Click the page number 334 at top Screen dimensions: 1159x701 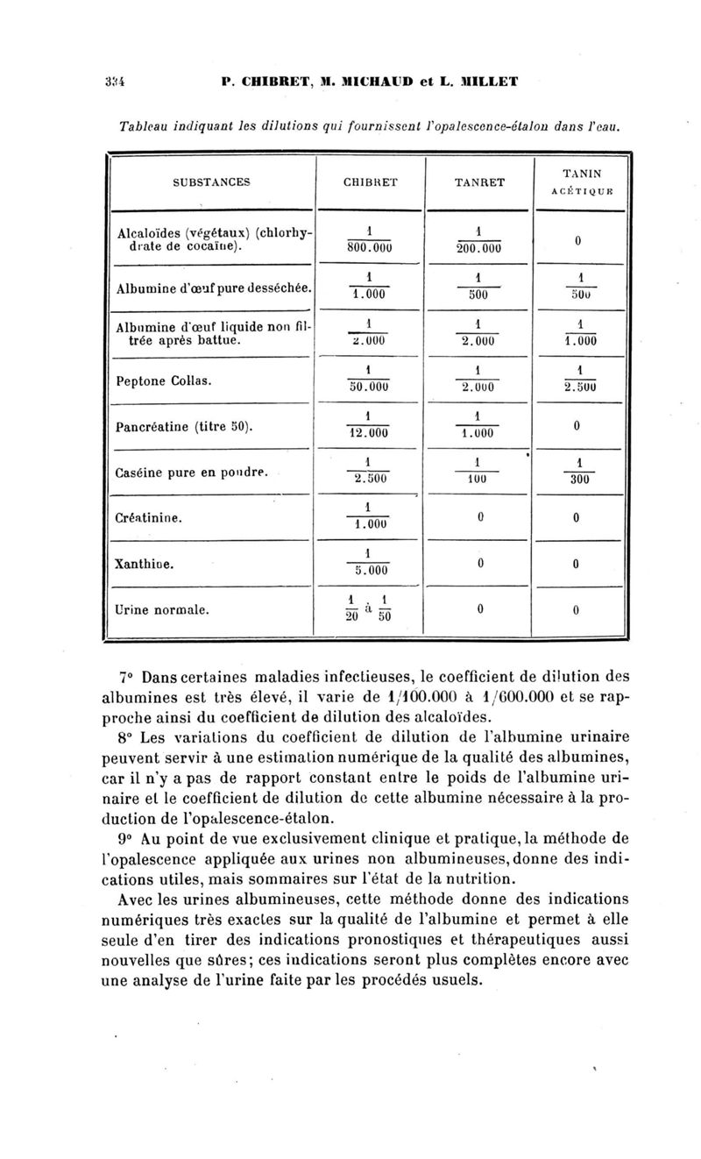pos(113,82)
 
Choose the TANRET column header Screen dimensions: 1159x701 pos(480,182)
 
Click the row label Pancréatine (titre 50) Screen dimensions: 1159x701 pos(185,428)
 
